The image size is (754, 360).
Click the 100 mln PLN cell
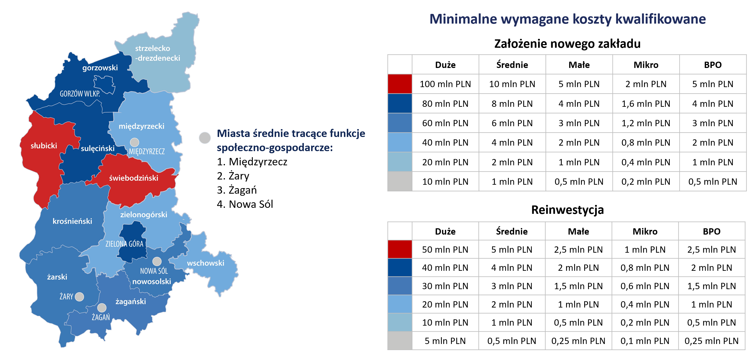tap(445, 84)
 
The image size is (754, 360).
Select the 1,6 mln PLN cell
tap(646, 104)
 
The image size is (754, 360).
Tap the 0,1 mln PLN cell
tap(645, 341)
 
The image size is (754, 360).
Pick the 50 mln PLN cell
tap(445, 250)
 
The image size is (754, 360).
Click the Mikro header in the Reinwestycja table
tap(645, 231)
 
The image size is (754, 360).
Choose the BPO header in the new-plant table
tap(713, 65)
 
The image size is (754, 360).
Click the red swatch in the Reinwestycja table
tap(400, 250)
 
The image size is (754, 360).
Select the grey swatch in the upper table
tap(400, 182)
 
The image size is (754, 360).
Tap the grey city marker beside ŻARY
tap(79, 297)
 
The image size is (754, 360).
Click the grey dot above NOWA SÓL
tap(157, 261)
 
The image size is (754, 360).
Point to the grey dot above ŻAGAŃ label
tap(102, 308)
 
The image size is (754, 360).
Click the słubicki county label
tap(44, 145)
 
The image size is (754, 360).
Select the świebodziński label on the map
tap(134, 178)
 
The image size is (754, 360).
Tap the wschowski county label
tap(205, 263)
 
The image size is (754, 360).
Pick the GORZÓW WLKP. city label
tap(80, 94)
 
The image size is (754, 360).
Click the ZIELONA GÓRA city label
tap(124, 244)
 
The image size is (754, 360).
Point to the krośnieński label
tap(72, 221)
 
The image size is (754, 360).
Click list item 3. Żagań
tap(237, 190)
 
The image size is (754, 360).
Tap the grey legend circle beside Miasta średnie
tap(205, 137)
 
